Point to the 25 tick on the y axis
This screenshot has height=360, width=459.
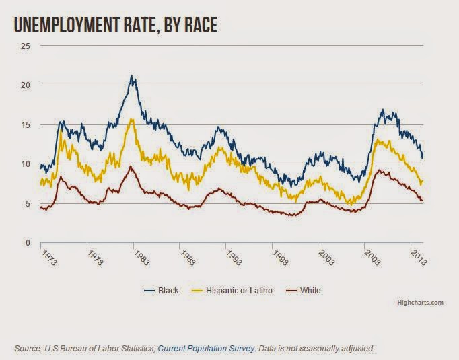pyautogui.click(x=26, y=46)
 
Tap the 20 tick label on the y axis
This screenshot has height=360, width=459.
pyautogui.click(x=26, y=85)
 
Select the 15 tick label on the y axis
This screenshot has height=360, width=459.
pyautogui.click(x=26, y=124)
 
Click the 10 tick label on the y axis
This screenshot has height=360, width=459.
pyautogui.click(x=26, y=164)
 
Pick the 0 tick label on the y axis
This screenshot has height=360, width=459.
pyautogui.click(x=28, y=242)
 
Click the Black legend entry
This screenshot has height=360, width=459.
pyautogui.click(x=162, y=291)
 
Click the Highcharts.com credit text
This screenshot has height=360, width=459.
pyautogui.click(x=421, y=303)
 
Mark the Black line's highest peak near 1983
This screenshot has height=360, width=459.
pyautogui.click(x=131, y=76)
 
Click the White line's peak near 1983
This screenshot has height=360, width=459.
pyautogui.click(x=131, y=166)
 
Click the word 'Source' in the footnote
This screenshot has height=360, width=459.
pyautogui.click(x=26, y=348)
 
